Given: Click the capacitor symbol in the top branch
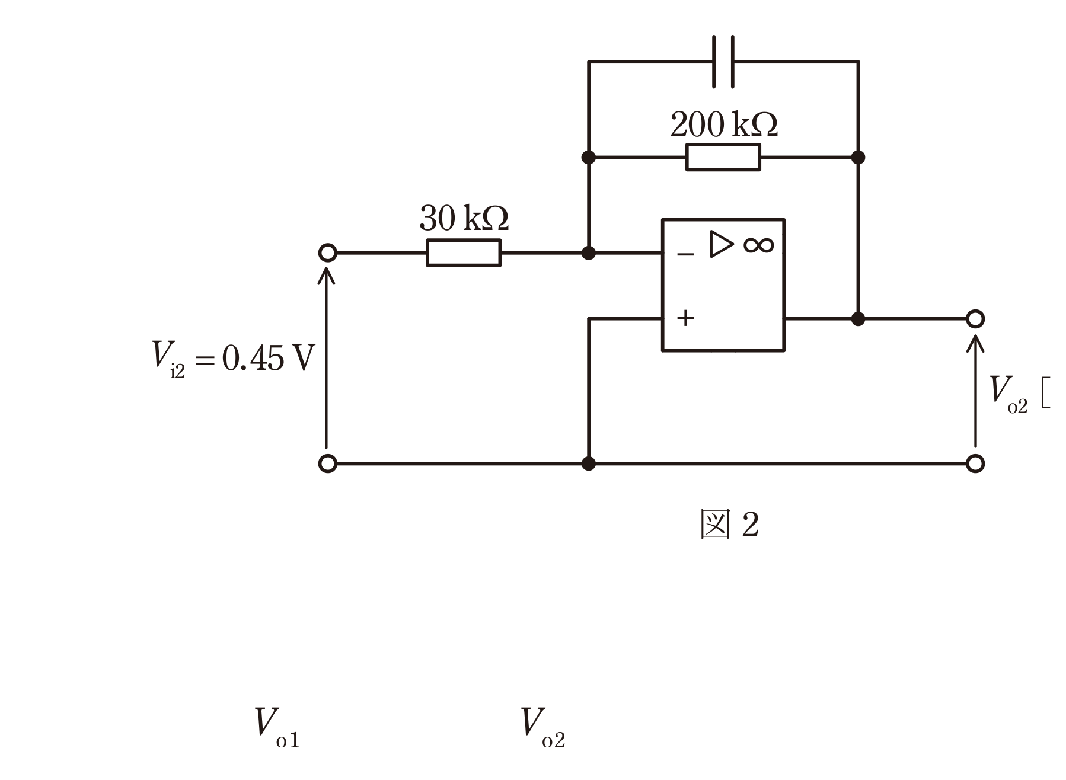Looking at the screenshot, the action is [x=723, y=62].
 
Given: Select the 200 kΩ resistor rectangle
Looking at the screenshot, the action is [x=723, y=157].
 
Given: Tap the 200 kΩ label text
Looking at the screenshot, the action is [x=723, y=124].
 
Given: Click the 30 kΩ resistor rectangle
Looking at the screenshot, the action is [x=464, y=253].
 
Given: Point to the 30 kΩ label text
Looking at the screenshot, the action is [x=464, y=218].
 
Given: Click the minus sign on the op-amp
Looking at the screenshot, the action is [x=685, y=255].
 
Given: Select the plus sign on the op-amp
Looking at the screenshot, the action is [x=685, y=318].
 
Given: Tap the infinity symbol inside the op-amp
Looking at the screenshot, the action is [x=758, y=245].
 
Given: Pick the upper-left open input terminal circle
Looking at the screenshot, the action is [x=327, y=253].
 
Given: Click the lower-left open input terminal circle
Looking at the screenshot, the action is [x=327, y=463].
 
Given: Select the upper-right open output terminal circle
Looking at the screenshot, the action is [x=975, y=319].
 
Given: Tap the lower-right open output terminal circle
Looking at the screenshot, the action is [x=975, y=463].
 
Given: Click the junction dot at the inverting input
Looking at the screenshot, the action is [x=588, y=253].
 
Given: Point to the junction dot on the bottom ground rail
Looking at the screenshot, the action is [x=588, y=463].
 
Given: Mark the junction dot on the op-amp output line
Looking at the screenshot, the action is [x=858, y=319].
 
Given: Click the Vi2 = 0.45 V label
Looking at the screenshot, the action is [x=232, y=358].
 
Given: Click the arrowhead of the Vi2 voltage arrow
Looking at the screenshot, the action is [x=326, y=275].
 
